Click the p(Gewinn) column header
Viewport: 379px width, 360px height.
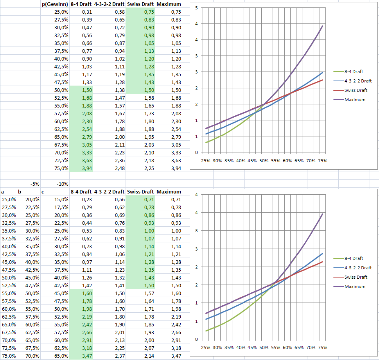[55, 4]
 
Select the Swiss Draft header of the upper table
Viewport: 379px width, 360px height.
[140, 4]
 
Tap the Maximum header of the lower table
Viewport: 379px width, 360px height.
[168, 192]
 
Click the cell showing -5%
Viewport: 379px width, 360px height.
[34, 184]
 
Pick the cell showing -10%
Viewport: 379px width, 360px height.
[62, 184]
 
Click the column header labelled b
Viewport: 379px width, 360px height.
[19, 192]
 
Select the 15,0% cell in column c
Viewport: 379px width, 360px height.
[61, 200]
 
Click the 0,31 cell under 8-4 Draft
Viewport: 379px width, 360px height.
[86, 12]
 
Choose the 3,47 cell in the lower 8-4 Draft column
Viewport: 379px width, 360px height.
[86, 356]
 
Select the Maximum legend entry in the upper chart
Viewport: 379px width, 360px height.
[355, 100]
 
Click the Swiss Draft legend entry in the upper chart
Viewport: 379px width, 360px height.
[356, 90]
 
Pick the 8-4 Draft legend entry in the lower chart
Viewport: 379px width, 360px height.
[354, 258]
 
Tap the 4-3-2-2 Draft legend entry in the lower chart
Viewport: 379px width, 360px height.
[358, 268]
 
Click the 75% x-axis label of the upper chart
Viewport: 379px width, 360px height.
[322, 161]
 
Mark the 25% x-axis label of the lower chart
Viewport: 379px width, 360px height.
[205, 347]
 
